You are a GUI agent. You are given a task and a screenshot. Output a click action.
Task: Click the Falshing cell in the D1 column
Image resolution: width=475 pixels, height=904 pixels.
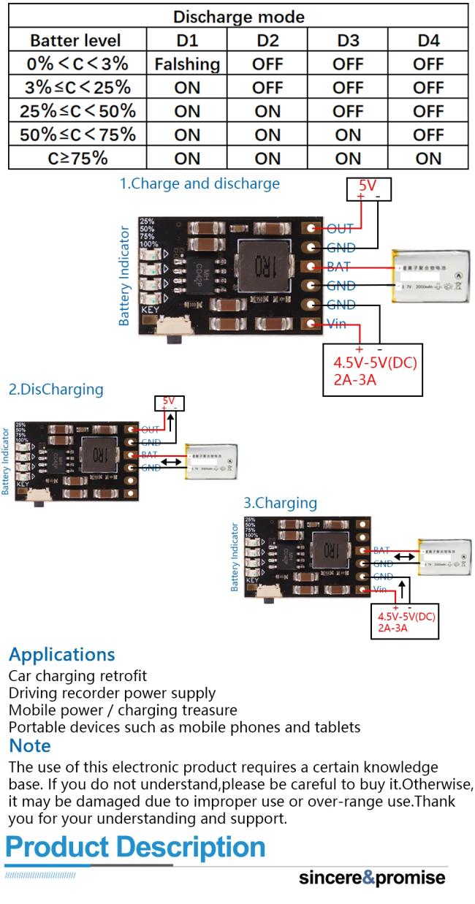click(x=187, y=64)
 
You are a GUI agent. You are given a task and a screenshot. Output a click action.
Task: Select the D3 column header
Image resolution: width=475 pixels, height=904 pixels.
click(x=348, y=39)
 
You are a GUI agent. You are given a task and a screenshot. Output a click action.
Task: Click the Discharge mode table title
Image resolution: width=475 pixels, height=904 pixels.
click(x=238, y=15)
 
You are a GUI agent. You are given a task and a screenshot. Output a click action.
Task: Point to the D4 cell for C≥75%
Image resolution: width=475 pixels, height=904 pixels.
click(x=428, y=158)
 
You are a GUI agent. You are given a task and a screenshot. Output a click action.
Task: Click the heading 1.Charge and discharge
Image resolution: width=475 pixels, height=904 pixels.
click(x=199, y=183)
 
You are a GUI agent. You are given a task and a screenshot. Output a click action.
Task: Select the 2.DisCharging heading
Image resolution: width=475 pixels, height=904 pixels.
click(x=56, y=390)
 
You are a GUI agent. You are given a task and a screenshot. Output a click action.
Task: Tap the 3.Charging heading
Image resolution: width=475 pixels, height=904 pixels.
click(x=281, y=503)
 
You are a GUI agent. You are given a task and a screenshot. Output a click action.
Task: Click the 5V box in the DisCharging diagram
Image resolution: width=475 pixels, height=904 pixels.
click(x=169, y=403)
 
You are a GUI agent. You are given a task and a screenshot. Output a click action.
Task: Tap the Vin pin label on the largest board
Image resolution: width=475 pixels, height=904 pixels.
click(x=337, y=324)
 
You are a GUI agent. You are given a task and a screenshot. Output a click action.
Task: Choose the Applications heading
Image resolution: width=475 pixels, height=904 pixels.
click(x=62, y=654)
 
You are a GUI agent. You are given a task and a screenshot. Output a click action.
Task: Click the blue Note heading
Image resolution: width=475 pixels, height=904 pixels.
click(x=30, y=745)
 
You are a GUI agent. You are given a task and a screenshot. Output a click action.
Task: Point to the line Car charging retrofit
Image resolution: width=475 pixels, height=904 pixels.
click(x=77, y=675)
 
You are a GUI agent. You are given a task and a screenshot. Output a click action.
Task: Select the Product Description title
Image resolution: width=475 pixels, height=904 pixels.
click(x=136, y=847)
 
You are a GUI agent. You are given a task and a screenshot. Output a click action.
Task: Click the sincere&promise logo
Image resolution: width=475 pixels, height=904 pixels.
click(x=372, y=877)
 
